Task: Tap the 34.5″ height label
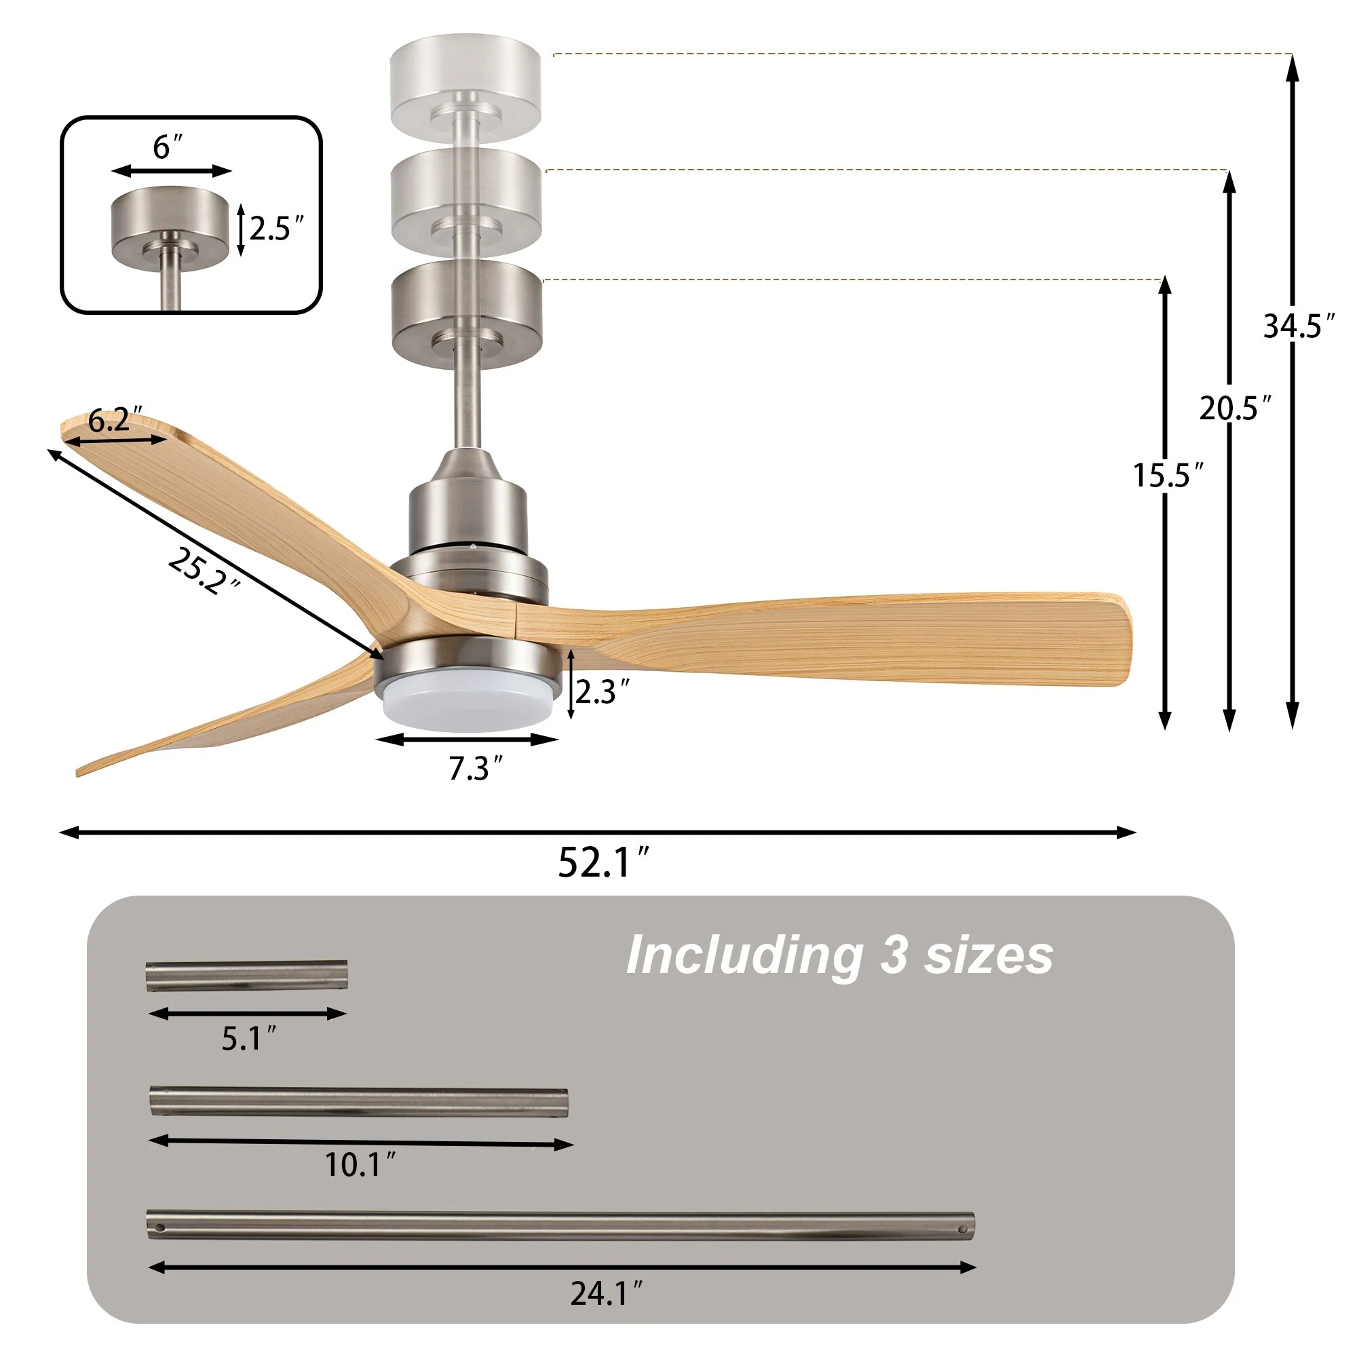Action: tap(1299, 326)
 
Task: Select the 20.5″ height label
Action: tap(1235, 408)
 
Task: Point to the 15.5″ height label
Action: tap(1168, 476)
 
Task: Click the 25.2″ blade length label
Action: tap(204, 571)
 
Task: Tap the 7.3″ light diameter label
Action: tap(476, 769)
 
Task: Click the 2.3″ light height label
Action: tap(603, 692)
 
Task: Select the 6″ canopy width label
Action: tap(167, 146)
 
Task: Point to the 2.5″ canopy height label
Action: tap(277, 229)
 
